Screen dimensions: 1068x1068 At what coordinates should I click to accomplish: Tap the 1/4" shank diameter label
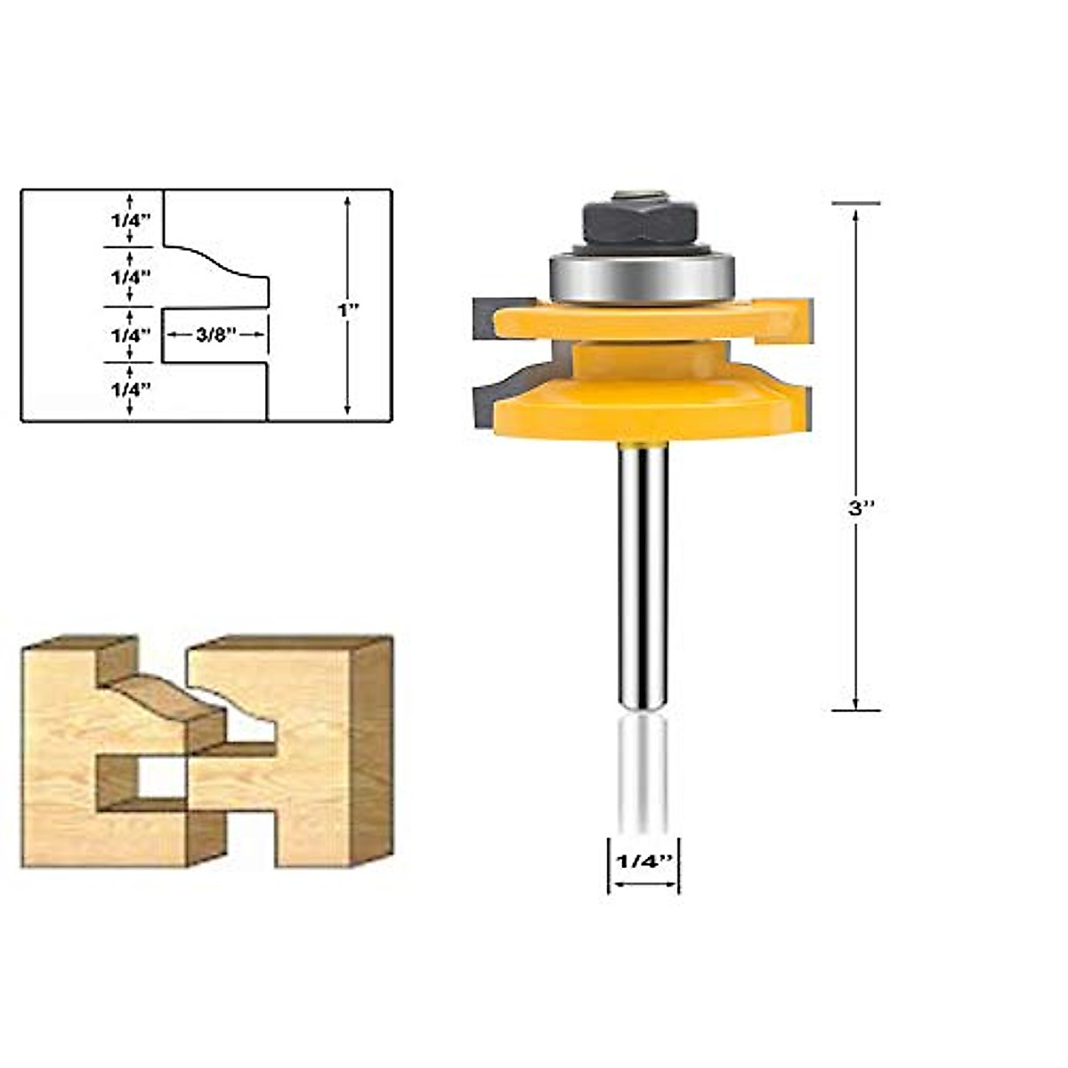(x=643, y=862)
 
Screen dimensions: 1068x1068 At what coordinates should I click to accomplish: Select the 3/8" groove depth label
(x=214, y=336)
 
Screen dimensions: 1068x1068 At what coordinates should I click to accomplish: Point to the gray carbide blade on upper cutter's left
(x=484, y=319)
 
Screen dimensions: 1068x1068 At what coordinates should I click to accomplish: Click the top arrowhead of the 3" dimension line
(x=856, y=214)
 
